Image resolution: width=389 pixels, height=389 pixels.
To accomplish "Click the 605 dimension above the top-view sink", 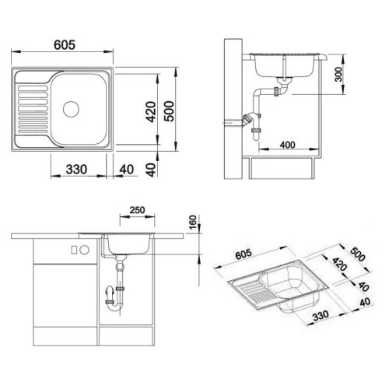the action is click(x=65, y=45).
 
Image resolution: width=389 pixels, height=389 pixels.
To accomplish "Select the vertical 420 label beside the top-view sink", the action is click(x=150, y=112).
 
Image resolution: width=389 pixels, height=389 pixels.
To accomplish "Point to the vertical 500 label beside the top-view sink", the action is click(x=169, y=111).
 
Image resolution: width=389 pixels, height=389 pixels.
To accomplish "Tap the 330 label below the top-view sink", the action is click(x=76, y=170).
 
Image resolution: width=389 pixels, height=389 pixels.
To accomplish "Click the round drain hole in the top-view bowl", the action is click(x=71, y=109).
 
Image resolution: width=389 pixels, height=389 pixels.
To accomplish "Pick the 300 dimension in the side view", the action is click(x=338, y=74).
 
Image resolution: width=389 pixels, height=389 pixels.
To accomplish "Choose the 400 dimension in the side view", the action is click(x=288, y=145).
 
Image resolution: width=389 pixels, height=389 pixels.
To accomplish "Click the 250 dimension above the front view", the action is click(x=137, y=210).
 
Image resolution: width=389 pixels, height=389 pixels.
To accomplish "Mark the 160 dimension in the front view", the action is click(x=193, y=223).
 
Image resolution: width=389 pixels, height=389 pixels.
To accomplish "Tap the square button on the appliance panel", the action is click(x=74, y=250).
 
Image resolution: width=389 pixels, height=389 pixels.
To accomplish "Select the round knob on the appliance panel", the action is click(x=85, y=250).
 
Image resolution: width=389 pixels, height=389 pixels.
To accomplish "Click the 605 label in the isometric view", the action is click(x=244, y=254).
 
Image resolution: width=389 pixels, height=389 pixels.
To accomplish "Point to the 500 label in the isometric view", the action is click(x=358, y=254).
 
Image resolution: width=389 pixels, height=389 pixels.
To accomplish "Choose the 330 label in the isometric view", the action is click(x=321, y=316).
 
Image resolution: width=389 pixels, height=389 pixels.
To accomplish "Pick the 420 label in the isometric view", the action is click(x=339, y=264).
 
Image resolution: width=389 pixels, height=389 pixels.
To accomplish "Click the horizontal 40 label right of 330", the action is click(x=127, y=170).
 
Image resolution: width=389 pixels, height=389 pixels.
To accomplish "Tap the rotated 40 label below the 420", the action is click(x=151, y=170).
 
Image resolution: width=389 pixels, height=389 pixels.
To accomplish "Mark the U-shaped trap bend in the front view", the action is click(x=115, y=307).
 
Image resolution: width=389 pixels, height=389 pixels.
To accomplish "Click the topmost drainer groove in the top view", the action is click(x=33, y=89).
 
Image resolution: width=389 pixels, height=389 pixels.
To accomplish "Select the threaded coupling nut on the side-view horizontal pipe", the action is click(x=276, y=91).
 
